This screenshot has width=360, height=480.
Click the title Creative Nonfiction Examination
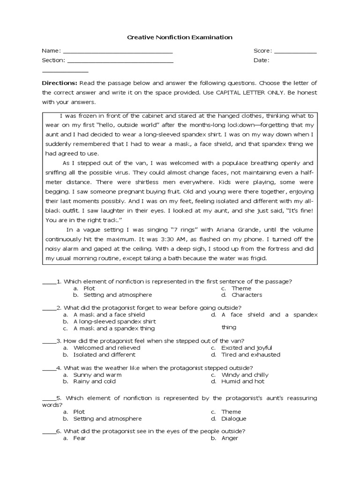pos(180,37)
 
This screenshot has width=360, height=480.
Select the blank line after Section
pos(120,61)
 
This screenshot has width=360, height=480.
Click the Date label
pos(261,60)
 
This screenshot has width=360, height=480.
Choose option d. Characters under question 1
pos(247,295)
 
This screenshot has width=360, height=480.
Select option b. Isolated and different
pos(105,355)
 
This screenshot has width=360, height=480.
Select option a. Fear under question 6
pos(79,438)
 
